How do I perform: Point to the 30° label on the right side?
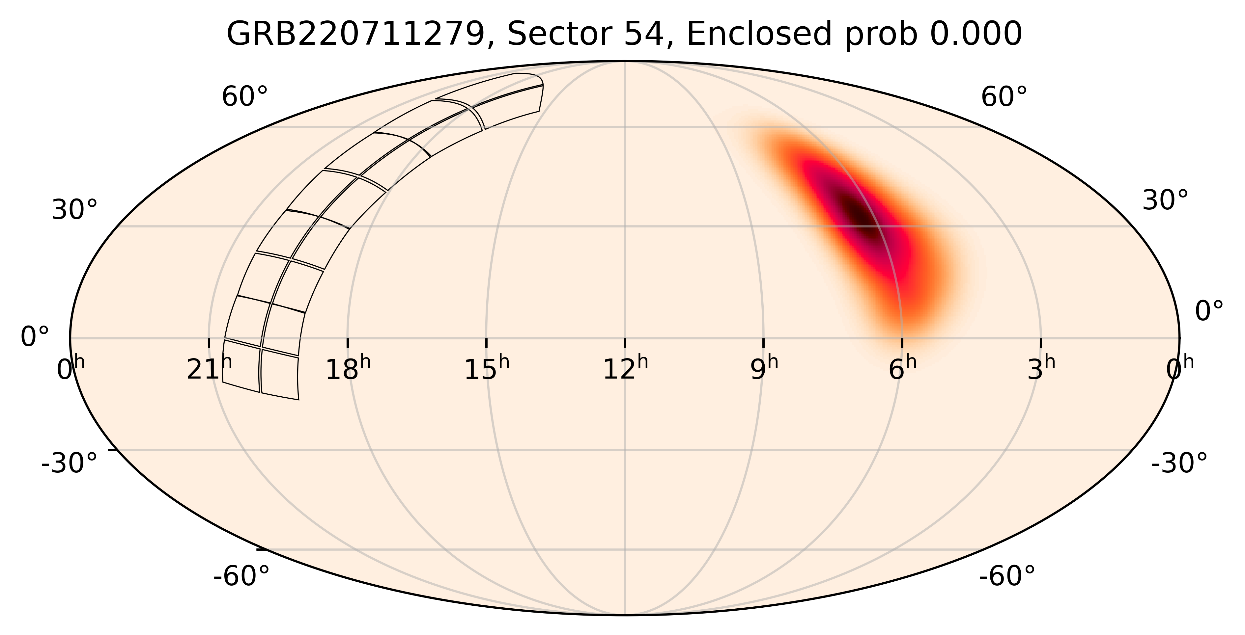[x=1165, y=200]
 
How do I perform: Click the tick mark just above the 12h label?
[x=625, y=343]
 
